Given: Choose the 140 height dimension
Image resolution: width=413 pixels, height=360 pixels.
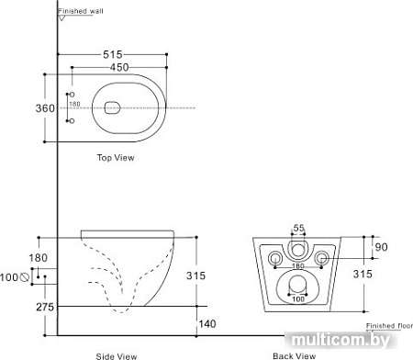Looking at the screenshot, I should (209, 322).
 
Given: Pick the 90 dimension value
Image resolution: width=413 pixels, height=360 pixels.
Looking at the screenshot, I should (383, 246).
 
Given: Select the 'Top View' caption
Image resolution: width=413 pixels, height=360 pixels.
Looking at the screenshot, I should (117, 158).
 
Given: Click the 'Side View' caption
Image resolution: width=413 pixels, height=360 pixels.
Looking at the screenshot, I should (117, 354).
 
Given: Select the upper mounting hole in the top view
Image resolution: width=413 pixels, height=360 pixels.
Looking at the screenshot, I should (73, 95).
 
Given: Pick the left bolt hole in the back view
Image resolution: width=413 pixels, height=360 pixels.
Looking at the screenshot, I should (274, 258).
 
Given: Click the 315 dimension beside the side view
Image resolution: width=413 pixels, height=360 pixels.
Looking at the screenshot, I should (211, 276).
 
